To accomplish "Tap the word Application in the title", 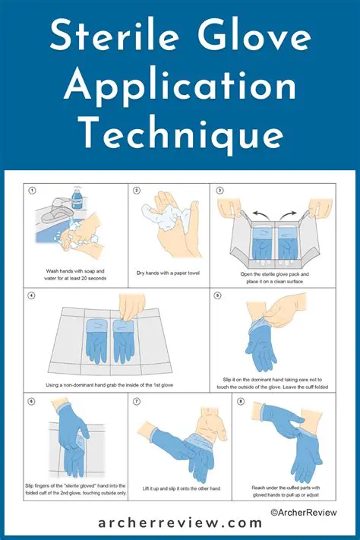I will coord(180,88).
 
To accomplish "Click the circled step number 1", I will coord(33,191).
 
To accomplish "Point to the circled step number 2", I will coord(137,191).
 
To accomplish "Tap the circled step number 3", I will coord(219,191).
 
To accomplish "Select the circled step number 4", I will coord(33,296).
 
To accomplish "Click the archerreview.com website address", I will coord(179,523).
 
